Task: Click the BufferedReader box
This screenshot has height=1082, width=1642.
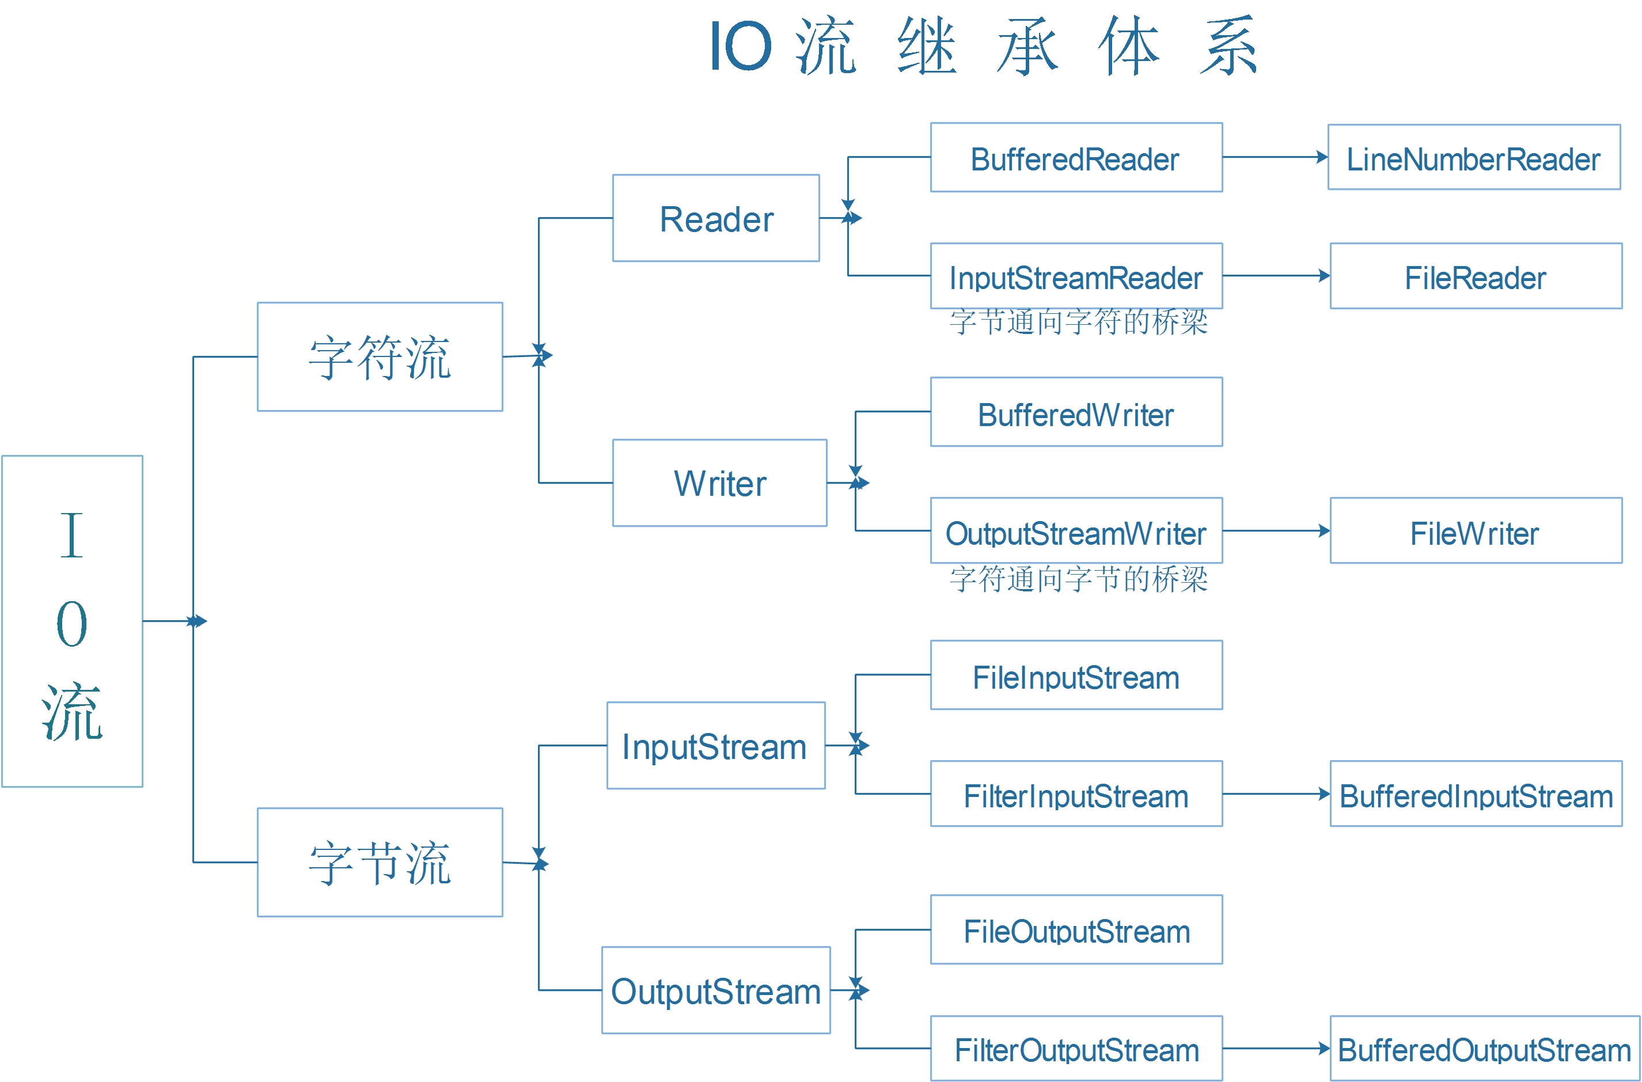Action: [x=1076, y=157]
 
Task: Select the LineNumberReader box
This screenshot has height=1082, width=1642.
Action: [x=1474, y=157]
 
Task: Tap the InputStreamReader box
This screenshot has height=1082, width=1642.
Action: [x=1076, y=276]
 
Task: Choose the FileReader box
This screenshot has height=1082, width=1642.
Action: [x=1476, y=276]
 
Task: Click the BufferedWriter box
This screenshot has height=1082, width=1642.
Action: [x=1076, y=412]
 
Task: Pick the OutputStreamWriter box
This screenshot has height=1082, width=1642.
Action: [x=1076, y=531]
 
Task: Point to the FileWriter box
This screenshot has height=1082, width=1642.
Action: [x=1476, y=531]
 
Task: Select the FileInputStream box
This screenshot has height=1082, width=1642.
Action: [x=1076, y=675]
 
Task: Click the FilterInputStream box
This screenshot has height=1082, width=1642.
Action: [x=1076, y=794]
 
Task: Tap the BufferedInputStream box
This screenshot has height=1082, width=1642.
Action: [x=1476, y=794]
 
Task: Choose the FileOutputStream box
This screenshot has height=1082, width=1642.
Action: [x=1076, y=929]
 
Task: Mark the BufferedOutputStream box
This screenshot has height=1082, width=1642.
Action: [x=1485, y=1048]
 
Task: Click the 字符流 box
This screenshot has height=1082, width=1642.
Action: [x=380, y=357]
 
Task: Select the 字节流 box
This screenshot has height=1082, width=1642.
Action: [x=380, y=863]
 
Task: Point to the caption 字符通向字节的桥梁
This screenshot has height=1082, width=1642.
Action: [x=1078, y=579]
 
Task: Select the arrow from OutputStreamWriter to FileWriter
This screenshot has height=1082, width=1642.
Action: [x=1276, y=531]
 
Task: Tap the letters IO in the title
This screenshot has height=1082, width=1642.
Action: [x=741, y=45]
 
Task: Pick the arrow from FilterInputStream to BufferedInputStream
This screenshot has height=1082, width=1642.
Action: [x=1276, y=794]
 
